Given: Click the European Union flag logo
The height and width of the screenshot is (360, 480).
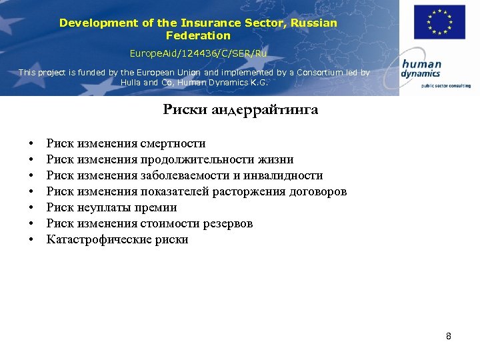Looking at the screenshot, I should (439, 22).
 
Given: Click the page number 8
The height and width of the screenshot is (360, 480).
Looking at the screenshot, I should (449, 336).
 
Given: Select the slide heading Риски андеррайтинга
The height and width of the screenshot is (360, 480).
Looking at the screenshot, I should (240, 110).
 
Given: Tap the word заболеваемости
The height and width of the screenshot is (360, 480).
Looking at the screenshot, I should (180, 175).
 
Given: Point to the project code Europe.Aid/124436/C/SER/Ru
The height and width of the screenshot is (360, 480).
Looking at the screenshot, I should (198, 52).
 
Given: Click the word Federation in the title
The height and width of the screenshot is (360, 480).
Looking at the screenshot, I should (198, 35).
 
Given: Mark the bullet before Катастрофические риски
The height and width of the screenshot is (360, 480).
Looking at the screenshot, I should (31, 240).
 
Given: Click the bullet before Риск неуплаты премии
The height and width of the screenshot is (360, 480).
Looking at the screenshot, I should (31, 208).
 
